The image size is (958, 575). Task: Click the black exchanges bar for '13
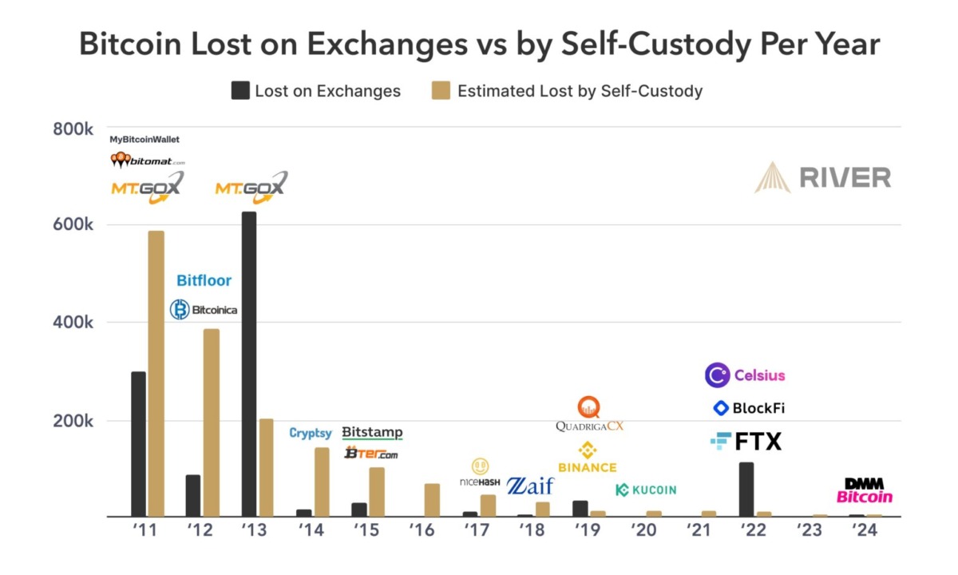tap(249, 364)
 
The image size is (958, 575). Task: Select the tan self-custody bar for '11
tap(156, 374)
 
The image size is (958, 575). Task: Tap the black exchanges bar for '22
tap(746, 490)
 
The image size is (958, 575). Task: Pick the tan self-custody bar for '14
tap(322, 482)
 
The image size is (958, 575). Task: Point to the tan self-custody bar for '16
tap(432, 500)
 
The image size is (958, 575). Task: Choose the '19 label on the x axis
tap(587, 530)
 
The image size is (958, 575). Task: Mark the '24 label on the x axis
tap(864, 530)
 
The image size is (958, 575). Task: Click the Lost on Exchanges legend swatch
tap(240, 90)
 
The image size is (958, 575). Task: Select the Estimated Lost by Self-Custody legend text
tap(580, 90)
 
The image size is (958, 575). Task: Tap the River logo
tap(823, 177)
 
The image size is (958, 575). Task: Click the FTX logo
tap(746, 441)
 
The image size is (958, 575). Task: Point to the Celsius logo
tap(745, 375)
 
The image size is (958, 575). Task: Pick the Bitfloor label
tap(204, 280)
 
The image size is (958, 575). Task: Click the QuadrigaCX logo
tap(589, 414)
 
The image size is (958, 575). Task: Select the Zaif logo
tap(530, 485)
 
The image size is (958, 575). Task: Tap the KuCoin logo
tap(646, 490)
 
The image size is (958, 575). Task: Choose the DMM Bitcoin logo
tap(865, 490)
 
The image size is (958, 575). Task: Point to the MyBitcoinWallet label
tap(144, 139)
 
